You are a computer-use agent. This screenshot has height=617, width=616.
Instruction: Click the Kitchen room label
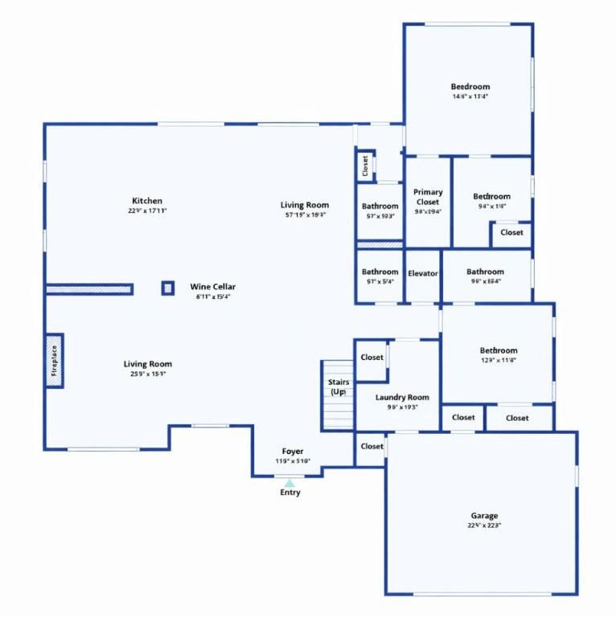[x=147, y=201]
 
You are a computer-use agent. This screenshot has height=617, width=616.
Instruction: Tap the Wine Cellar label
[x=212, y=287]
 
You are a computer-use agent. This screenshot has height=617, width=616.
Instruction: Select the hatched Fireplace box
[x=55, y=360]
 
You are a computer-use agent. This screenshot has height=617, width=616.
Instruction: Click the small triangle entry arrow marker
[x=290, y=482]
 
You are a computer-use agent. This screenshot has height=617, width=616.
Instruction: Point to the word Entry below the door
[x=290, y=492]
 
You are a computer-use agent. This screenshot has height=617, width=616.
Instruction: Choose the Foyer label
[x=292, y=452]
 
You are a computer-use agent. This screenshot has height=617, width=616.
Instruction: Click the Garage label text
[x=484, y=516]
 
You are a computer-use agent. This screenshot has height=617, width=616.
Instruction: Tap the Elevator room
[x=422, y=274]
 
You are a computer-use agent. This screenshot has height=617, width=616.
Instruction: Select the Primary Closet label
[x=428, y=197]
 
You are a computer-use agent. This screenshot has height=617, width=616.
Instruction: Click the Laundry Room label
[x=402, y=398]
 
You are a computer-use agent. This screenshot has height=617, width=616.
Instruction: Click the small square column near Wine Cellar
[x=167, y=288]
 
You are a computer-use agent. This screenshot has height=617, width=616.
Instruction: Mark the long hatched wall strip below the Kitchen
[x=88, y=288]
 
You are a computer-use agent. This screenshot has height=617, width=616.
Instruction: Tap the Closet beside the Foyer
[x=372, y=447]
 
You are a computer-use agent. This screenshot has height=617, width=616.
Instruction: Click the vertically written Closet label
[x=365, y=166]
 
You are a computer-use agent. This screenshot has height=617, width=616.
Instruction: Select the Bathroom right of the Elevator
[x=485, y=272]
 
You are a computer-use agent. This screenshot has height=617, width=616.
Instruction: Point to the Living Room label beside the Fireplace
[x=147, y=364]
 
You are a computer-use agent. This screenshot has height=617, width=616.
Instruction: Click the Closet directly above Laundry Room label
[x=372, y=358]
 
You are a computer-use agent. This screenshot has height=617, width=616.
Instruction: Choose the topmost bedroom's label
[x=470, y=87]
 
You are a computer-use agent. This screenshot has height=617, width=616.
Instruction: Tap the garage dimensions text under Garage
[x=484, y=526]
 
